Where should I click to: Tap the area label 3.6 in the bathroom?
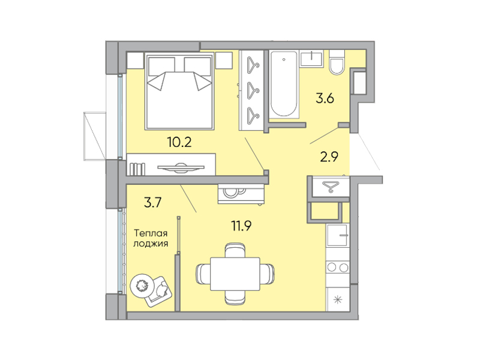click(x=325, y=99)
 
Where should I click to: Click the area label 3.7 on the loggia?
click(x=152, y=202)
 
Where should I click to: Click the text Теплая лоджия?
click(x=151, y=238)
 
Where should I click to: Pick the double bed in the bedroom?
click(x=179, y=91)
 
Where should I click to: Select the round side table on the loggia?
click(x=143, y=284)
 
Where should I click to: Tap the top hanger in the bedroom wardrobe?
click(x=252, y=64)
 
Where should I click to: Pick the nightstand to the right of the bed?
click(x=224, y=60)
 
